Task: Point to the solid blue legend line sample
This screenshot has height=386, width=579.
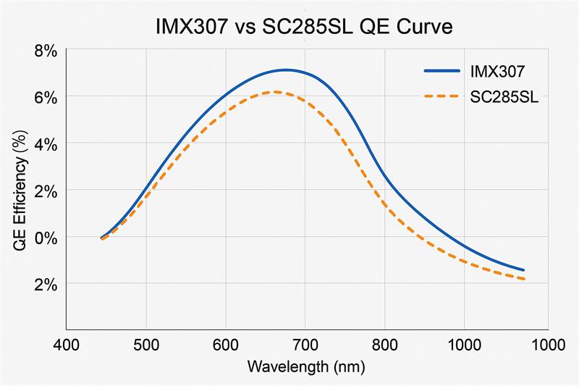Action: [x=441, y=72]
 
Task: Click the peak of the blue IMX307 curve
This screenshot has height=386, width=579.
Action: [x=287, y=70]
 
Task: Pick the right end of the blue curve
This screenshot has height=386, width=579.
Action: [x=523, y=270]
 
